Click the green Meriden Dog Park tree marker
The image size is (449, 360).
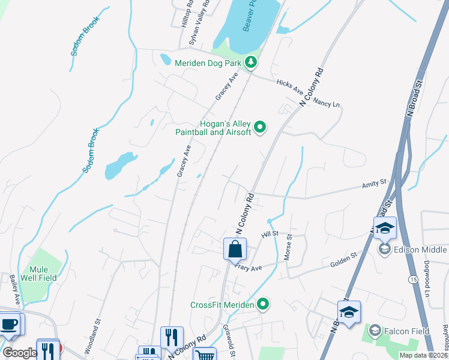coord(250,62)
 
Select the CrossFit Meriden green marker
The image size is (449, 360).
coord(262,305)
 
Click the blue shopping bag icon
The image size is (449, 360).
coord(235,249)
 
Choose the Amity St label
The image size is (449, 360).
coord(374,183)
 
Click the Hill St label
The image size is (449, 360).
coord(270,233)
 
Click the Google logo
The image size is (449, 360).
coord(19,352)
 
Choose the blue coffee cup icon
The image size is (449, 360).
coord(9,325)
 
